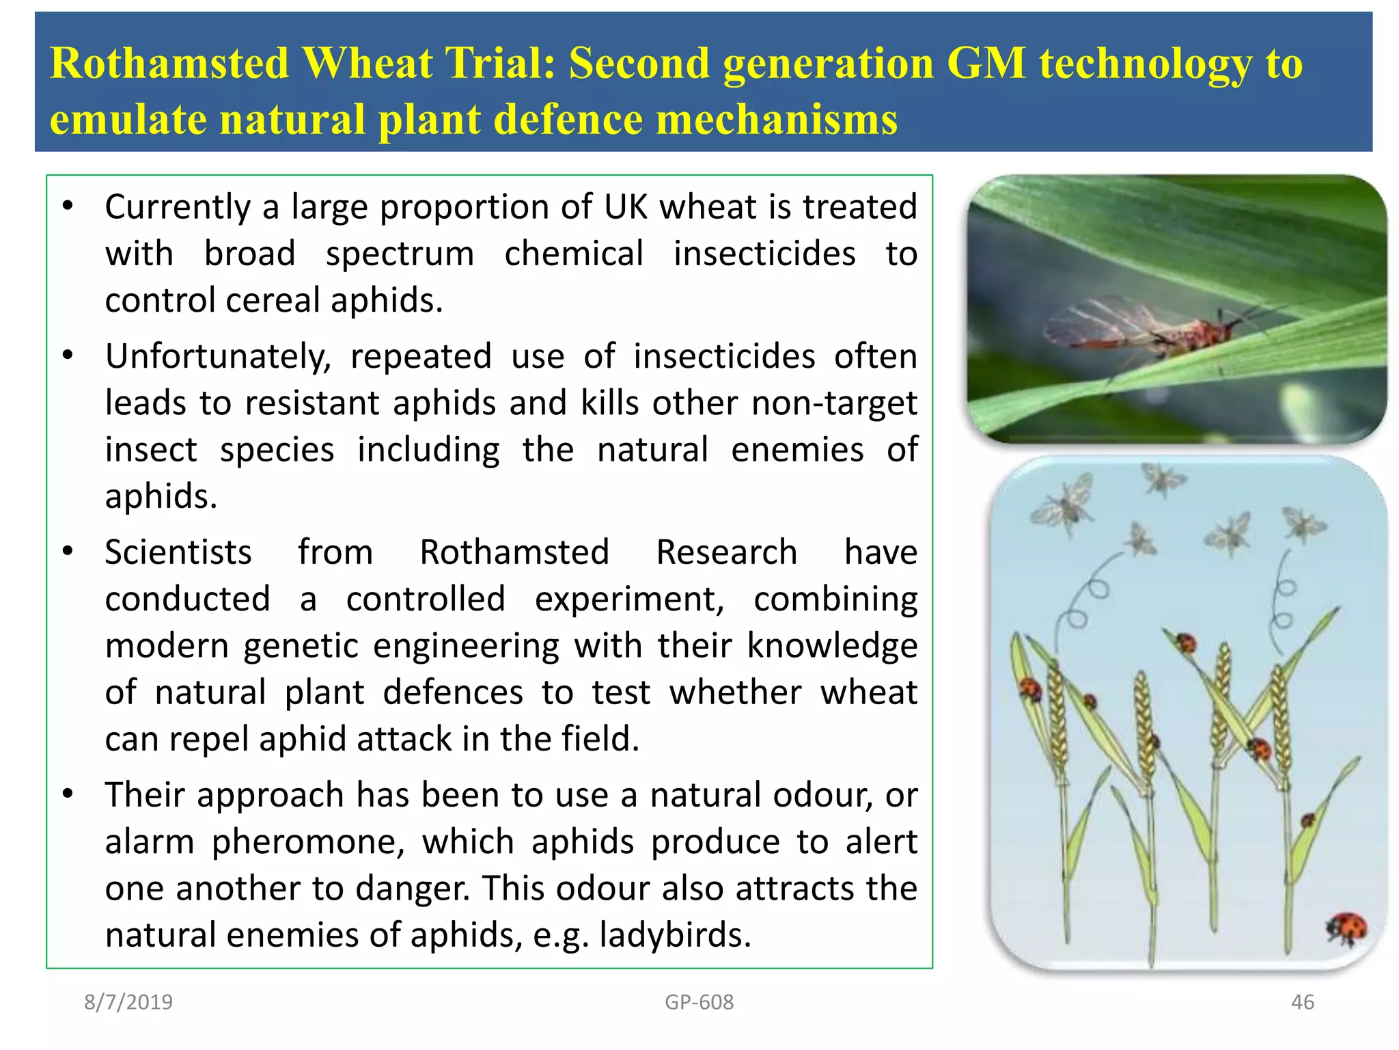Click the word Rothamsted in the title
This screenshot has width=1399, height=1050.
coord(169,63)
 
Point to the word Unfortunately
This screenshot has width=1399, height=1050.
coord(218,357)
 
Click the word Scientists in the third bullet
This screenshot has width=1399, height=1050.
coord(178,552)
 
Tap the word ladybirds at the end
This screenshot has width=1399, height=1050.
coord(674,934)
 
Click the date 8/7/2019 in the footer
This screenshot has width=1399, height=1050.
coord(128,1002)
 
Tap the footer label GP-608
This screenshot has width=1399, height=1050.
coord(699,1002)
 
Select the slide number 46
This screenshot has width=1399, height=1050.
coord(1302,1002)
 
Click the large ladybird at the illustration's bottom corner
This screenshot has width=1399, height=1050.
coord(1346,928)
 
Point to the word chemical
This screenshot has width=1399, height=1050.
coord(574,254)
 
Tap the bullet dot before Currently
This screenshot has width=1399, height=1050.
coord(67,206)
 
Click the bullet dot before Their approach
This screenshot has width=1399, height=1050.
coord(67,794)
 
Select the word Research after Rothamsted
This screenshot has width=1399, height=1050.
coord(726,552)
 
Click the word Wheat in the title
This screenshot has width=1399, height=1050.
coord(367,63)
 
